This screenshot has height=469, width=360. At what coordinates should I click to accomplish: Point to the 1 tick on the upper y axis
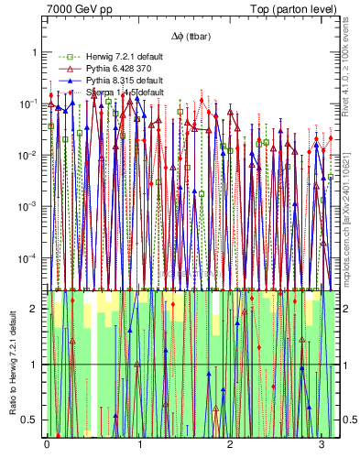[x=35, y=53]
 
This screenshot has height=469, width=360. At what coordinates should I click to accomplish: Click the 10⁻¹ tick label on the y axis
[x=29, y=104]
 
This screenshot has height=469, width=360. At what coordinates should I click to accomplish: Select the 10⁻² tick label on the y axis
[x=29, y=155]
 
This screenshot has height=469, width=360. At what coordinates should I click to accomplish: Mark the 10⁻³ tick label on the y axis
[x=29, y=206]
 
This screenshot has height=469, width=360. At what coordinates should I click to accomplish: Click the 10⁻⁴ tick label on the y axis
[x=29, y=257]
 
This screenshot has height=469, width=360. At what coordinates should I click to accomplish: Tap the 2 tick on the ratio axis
[x=35, y=309]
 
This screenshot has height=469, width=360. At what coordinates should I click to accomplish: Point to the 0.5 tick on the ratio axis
[x=31, y=420]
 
